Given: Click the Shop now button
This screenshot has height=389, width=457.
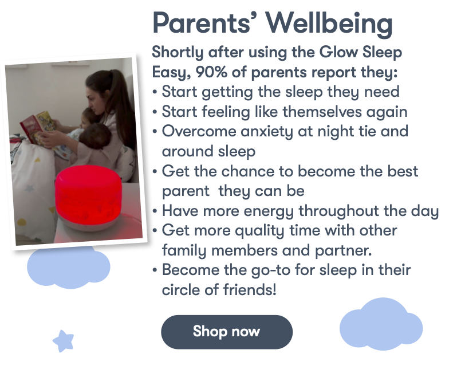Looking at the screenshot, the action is click(227, 332).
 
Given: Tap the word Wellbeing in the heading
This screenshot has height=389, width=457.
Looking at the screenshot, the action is click(329, 24).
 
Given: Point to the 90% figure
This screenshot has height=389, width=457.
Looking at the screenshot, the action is click(211, 72).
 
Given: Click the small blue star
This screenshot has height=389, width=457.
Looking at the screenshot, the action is click(64, 341).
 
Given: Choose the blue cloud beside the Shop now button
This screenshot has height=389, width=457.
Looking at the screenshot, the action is click(381, 324).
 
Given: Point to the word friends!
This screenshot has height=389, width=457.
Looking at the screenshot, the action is click(250, 289).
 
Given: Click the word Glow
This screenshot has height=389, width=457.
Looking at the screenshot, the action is click(338, 52).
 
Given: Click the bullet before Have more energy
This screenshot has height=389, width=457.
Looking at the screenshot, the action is click(155, 211).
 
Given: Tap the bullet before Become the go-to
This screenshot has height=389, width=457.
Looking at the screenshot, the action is click(155, 270).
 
